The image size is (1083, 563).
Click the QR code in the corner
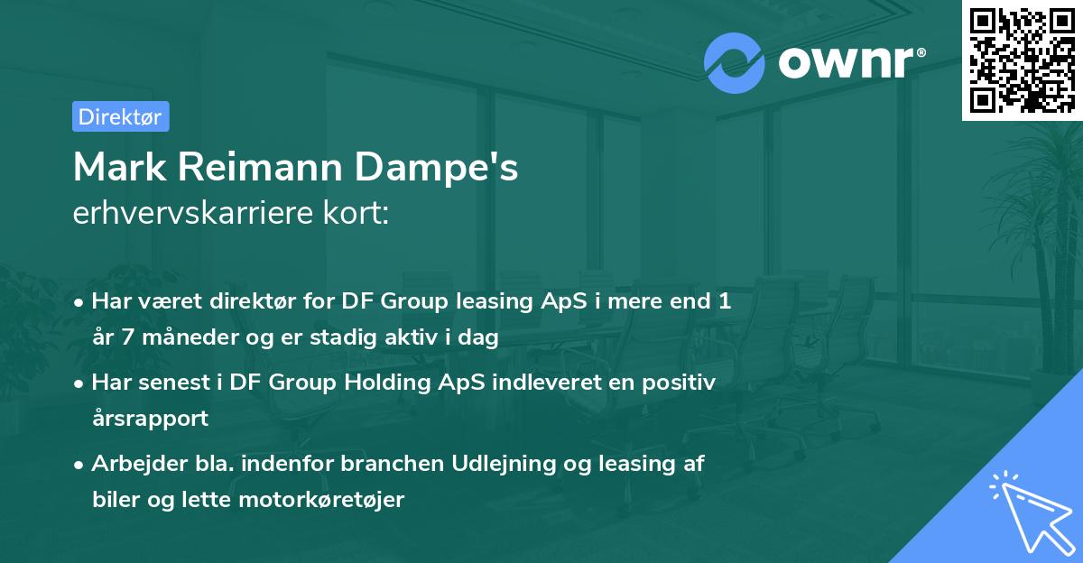coord(1023,60)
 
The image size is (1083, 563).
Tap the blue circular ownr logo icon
coord(735,63)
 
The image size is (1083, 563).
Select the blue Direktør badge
coord(120,116)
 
